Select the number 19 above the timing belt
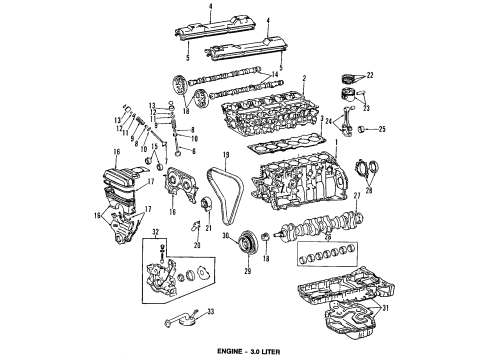[227, 154]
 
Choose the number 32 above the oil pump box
[154, 259]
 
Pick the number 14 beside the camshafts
[276, 75]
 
